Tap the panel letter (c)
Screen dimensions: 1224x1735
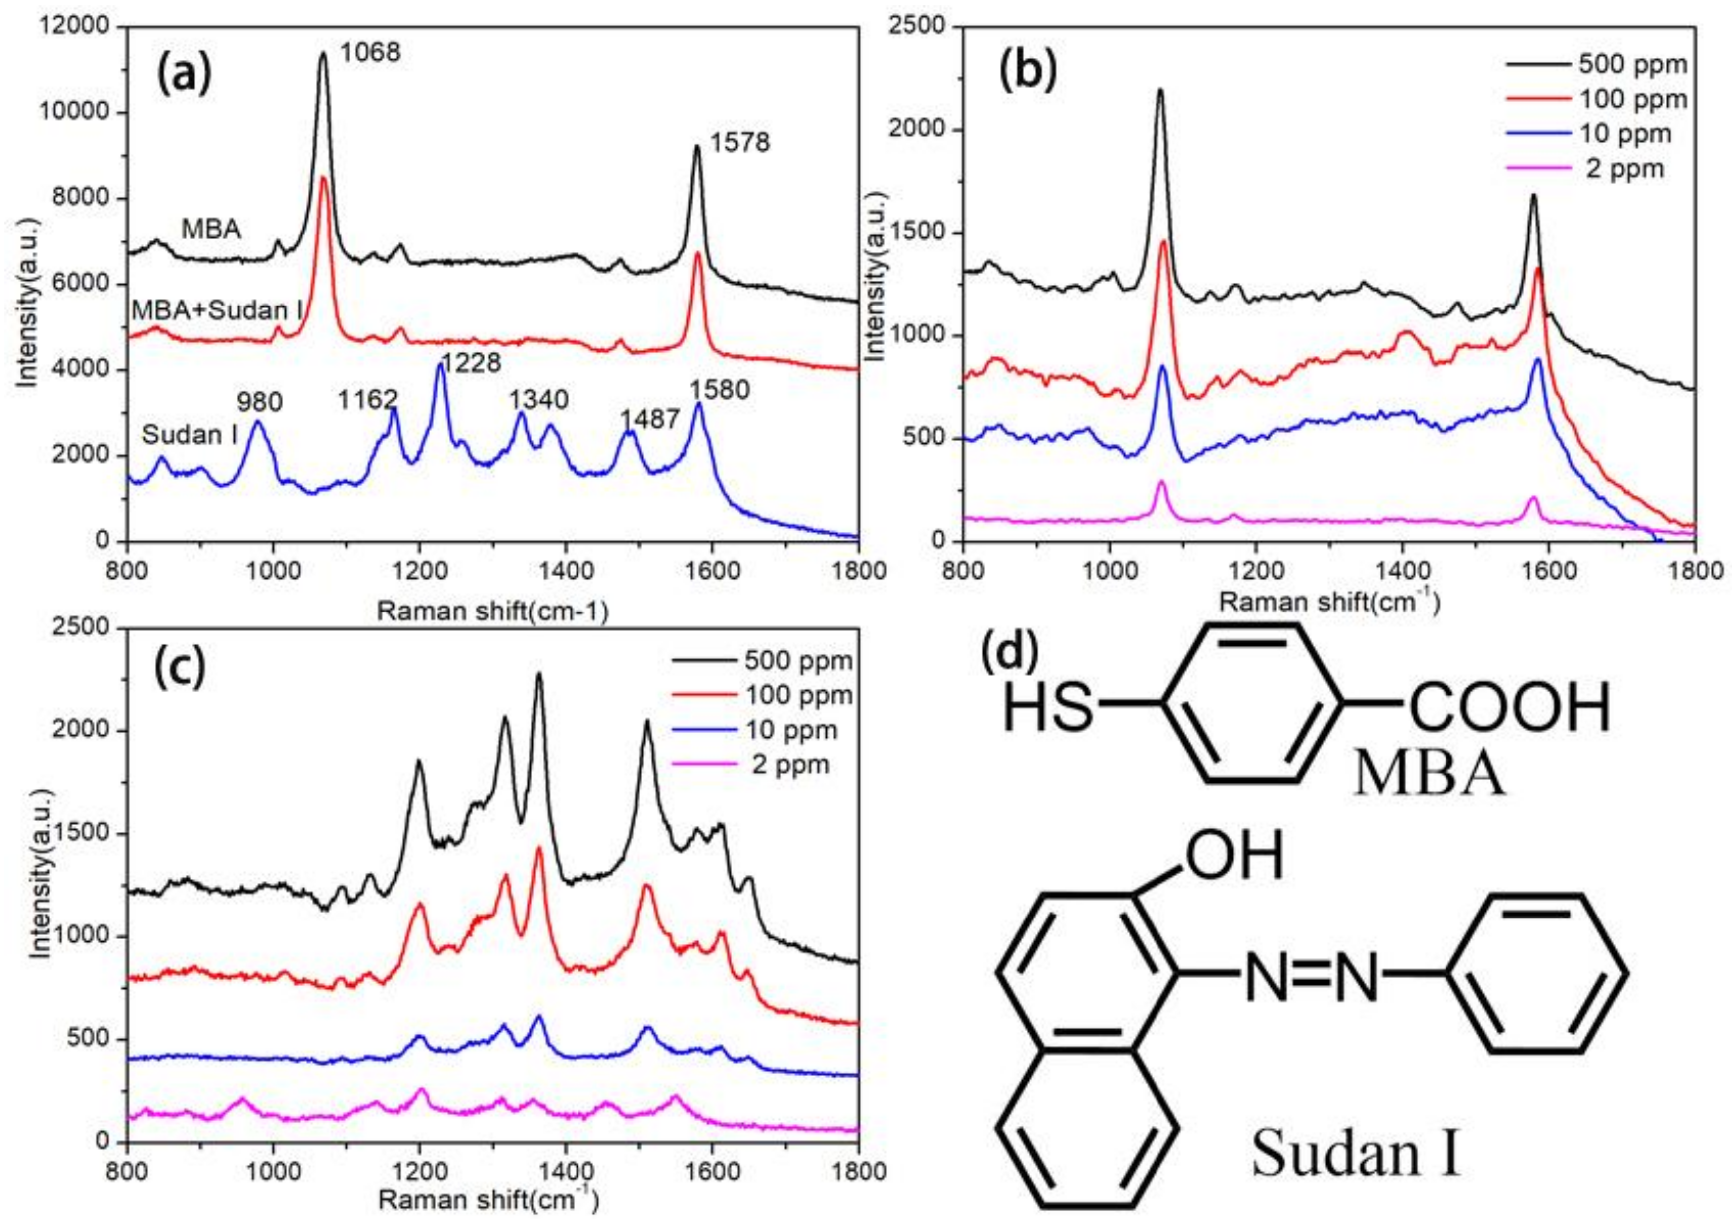[179, 666]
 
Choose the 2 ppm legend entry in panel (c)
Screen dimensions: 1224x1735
[790, 765]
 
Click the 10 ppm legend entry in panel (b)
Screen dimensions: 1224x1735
[1625, 134]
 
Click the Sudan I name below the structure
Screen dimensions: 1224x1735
[1357, 1175]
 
